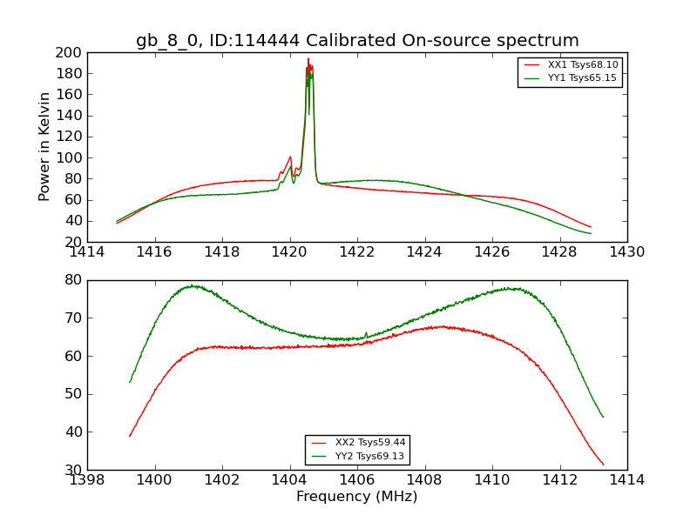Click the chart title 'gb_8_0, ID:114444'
357,40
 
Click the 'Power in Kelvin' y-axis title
45,147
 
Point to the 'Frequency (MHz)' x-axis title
356,497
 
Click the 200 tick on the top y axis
70,52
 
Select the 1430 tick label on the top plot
626,251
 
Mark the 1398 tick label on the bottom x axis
87,479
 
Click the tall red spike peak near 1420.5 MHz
308,59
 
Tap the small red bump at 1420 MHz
290,157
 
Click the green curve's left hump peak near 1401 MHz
192,285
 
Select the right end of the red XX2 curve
603,464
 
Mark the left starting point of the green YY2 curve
130,382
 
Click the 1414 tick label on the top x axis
87,251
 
